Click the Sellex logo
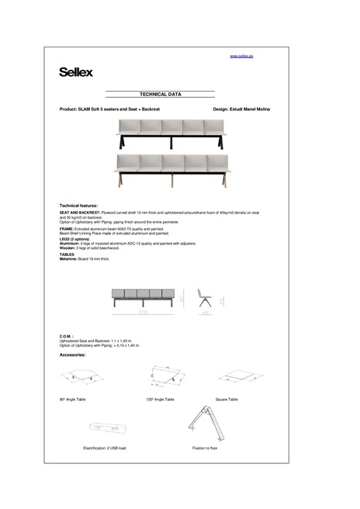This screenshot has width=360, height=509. click(x=76, y=72)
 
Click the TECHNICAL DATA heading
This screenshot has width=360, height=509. click(x=160, y=94)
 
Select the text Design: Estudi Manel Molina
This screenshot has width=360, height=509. click(x=241, y=109)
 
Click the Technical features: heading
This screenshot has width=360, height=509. click(x=78, y=205)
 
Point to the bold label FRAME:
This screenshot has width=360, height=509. click(x=66, y=229)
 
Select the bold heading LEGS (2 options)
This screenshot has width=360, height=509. click(x=75, y=238)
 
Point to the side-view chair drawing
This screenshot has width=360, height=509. click(x=206, y=298)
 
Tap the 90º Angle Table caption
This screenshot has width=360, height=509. click(x=75, y=399)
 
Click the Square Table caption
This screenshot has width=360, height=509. click(x=227, y=399)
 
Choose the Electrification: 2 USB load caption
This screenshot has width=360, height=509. click(x=105, y=448)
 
